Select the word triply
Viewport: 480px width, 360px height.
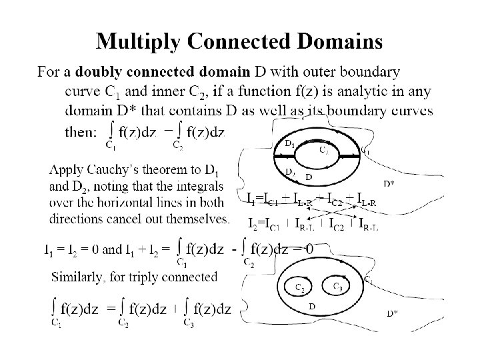pos(156,275)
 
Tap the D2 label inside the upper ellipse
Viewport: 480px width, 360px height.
pos(290,172)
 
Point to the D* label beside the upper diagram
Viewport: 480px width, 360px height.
pos(388,183)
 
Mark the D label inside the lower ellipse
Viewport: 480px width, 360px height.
pos(311,307)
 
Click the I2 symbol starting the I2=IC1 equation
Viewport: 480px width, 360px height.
pos(253,223)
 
